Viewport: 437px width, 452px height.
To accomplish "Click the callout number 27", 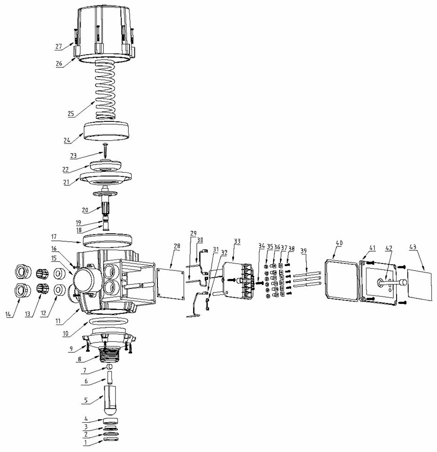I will click(59, 47).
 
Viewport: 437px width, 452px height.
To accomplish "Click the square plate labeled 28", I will click(170, 284).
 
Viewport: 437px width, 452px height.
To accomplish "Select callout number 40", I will click(340, 243).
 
